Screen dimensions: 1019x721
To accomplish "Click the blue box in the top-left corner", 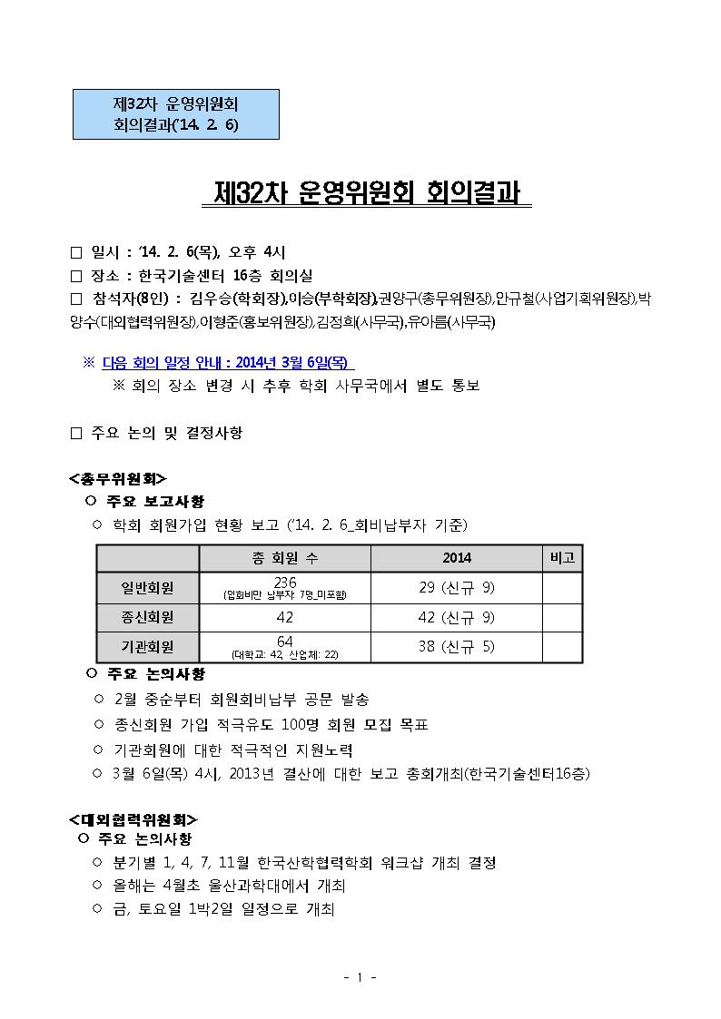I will point(175,114).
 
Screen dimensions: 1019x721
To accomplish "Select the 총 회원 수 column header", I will point(284,558).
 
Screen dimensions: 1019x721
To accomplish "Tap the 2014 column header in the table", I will point(456,558).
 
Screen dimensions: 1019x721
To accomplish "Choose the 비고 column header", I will point(562,558).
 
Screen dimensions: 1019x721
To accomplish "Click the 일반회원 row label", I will point(148,588).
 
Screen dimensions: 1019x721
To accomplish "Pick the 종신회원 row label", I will point(148,617).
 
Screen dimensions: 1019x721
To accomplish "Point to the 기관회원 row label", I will point(148,647).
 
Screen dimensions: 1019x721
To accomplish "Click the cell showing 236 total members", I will point(284,587).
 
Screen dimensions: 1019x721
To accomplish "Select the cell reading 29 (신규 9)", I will point(456,588).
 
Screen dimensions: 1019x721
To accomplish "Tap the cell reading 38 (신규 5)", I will point(456,647).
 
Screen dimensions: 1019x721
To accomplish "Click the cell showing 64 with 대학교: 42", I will point(284,647).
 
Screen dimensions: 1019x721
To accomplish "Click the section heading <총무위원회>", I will point(118,477).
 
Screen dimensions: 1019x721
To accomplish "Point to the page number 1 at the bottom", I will point(360,977).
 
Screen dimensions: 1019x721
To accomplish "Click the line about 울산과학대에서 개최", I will point(229,886).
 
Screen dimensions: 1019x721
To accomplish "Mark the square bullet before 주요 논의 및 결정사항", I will point(76,434).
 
